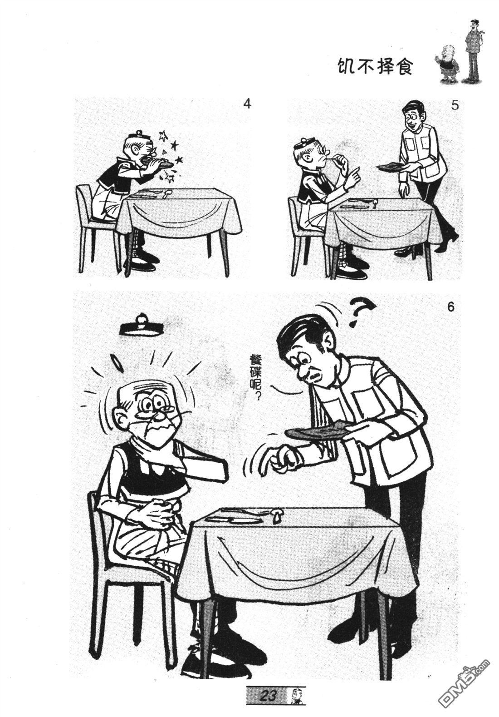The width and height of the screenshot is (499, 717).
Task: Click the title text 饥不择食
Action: click(375, 67)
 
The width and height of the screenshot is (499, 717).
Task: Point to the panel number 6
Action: click(450, 307)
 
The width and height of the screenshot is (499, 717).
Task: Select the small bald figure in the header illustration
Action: click(446, 66)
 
